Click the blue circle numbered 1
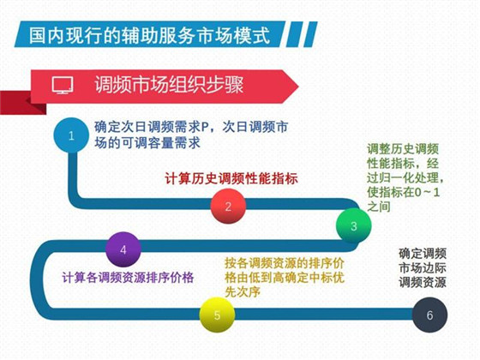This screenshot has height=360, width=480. tap(71, 135)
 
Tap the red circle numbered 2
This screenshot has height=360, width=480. tap(228, 207)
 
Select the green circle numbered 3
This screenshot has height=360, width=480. tap(353, 226)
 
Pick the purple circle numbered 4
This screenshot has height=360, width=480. tap(123, 249)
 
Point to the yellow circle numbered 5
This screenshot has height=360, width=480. tap(217, 315)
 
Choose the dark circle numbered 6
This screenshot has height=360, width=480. tap(429, 315)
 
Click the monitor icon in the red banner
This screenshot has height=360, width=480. tap(63, 85)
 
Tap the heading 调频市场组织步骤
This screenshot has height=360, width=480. tap(169, 84)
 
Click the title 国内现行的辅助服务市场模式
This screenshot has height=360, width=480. tap(150, 35)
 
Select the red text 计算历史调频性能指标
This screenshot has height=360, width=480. tap(231, 179)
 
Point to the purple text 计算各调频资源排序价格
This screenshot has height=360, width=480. tap(128, 278)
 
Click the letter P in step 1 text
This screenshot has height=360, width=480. tap(205, 128)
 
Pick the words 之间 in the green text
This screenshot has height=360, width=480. tap(379, 207)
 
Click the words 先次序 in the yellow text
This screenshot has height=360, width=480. tap(243, 291)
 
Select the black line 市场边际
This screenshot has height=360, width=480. tap(422, 267)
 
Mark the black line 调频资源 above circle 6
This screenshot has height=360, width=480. tap(422, 282)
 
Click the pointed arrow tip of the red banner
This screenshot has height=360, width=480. tap(298, 87)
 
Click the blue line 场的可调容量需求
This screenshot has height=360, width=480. tap(147, 143)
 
